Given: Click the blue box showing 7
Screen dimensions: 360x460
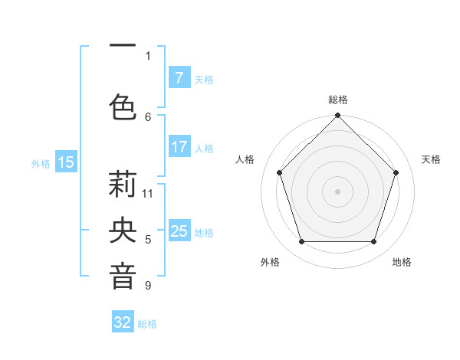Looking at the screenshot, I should tap(179, 78).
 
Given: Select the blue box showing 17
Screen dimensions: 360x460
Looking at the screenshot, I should tap(179, 147).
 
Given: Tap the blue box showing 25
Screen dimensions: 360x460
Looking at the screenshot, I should tap(179, 231).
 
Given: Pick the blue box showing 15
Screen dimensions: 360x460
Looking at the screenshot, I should tap(65, 162).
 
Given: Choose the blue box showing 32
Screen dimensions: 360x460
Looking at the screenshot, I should tap(123, 322).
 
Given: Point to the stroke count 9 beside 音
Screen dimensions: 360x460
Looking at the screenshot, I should tap(148, 286).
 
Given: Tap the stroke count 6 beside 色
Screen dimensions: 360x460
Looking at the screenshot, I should tap(148, 116).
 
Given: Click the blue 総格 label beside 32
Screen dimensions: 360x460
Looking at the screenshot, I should tap(148, 324).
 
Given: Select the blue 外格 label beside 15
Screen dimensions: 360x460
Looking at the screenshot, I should tap(41, 163).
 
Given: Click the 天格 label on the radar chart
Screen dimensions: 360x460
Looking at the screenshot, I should tap(431, 159).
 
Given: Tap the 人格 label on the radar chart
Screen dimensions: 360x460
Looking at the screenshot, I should tap(245, 159).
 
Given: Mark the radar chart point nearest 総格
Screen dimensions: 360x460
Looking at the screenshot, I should tap(337, 116).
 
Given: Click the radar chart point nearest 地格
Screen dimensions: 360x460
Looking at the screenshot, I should tap(374, 242).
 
